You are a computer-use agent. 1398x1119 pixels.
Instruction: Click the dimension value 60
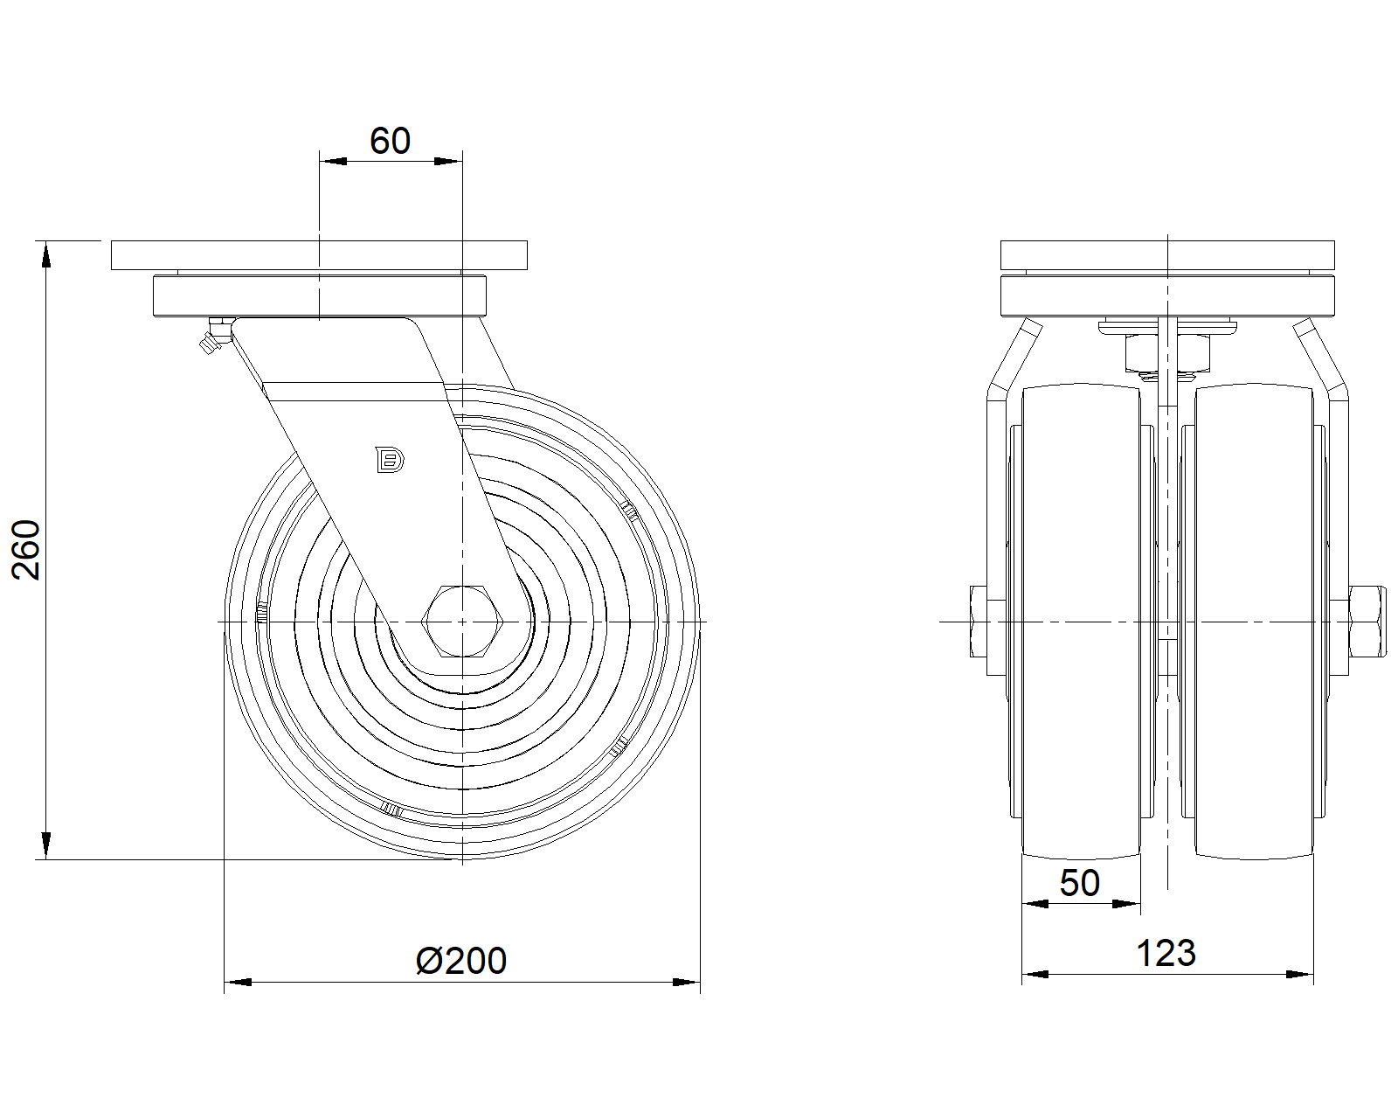click(x=390, y=141)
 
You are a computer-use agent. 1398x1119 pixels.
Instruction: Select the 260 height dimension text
click(x=26, y=549)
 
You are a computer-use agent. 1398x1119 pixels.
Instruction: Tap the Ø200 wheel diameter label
click(x=461, y=961)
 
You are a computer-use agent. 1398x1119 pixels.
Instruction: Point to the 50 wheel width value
click(x=1080, y=883)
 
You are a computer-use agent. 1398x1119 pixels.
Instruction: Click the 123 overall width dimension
click(x=1166, y=953)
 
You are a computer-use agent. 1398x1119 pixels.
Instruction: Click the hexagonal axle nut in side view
click(x=462, y=622)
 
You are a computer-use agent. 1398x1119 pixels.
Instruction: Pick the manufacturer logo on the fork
click(x=390, y=460)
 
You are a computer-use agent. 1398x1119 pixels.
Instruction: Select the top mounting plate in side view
click(x=319, y=255)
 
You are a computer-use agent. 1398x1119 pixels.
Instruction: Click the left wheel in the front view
click(x=1081, y=622)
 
